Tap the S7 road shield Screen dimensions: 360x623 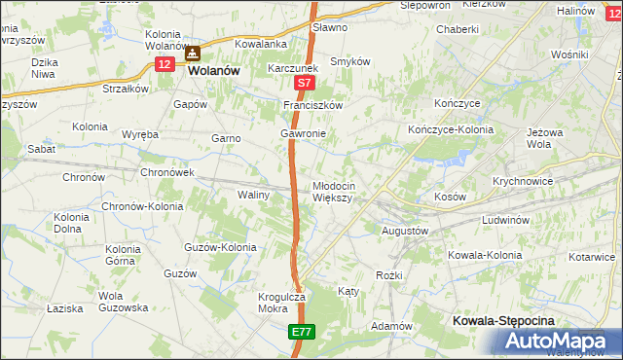[x=304, y=85]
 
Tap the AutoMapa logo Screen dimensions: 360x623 [x=559, y=341]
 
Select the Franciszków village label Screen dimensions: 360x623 [x=313, y=104]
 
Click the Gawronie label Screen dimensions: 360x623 [x=303, y=133]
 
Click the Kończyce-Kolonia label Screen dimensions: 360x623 [x=450, y=129]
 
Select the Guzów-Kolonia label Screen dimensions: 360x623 [x=220, y=247]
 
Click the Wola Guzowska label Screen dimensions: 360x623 [x=123, y=302]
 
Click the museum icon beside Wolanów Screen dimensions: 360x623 [x=193, y=54]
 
